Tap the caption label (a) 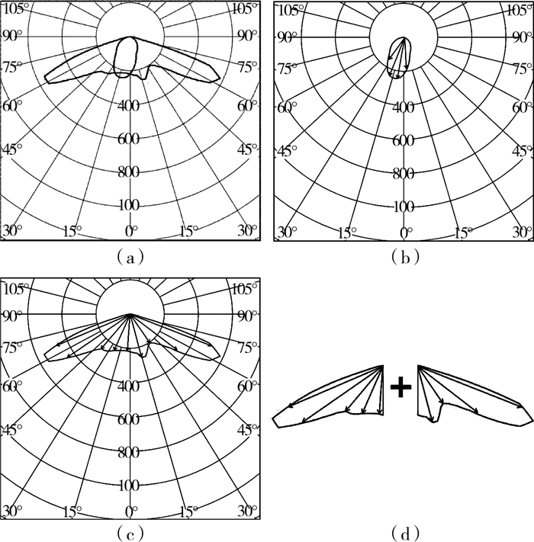pos(130,258)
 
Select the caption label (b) pos(405,258)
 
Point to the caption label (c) pos(130,534)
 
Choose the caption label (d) pos(405,534)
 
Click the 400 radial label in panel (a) pos(129,105)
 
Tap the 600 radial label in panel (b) pos(404,141)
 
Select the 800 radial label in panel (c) pos(129,453)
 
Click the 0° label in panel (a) pos(131,231)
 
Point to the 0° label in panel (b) pos(405,233)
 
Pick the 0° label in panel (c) pos(131,512)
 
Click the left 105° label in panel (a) pos(14,8)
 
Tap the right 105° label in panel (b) pos(520,11)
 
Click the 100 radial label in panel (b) pos(404,207)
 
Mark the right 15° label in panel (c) pos(189,512)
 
